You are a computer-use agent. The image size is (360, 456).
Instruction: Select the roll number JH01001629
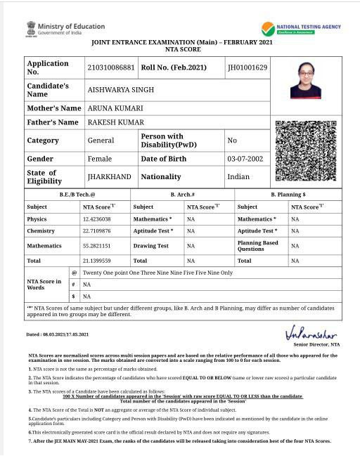(247, 67)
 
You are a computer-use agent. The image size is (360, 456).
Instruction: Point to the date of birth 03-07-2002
(245, 159)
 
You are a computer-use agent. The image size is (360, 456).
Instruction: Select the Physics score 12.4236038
(98, 220)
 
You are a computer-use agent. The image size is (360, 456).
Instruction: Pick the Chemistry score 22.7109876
(98, 231)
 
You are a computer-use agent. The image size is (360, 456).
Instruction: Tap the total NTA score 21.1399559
(98, 261)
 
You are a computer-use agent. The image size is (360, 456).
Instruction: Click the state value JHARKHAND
(108, 177)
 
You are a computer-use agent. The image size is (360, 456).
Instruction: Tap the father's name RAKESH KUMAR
(115, 122)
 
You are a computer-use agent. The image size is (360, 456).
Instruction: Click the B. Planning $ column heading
(288, 194)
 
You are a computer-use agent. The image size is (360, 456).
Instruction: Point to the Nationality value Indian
(238, 177)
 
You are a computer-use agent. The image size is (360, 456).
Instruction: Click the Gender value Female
(100, 159)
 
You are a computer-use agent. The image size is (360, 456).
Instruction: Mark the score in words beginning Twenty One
(157, 273)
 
